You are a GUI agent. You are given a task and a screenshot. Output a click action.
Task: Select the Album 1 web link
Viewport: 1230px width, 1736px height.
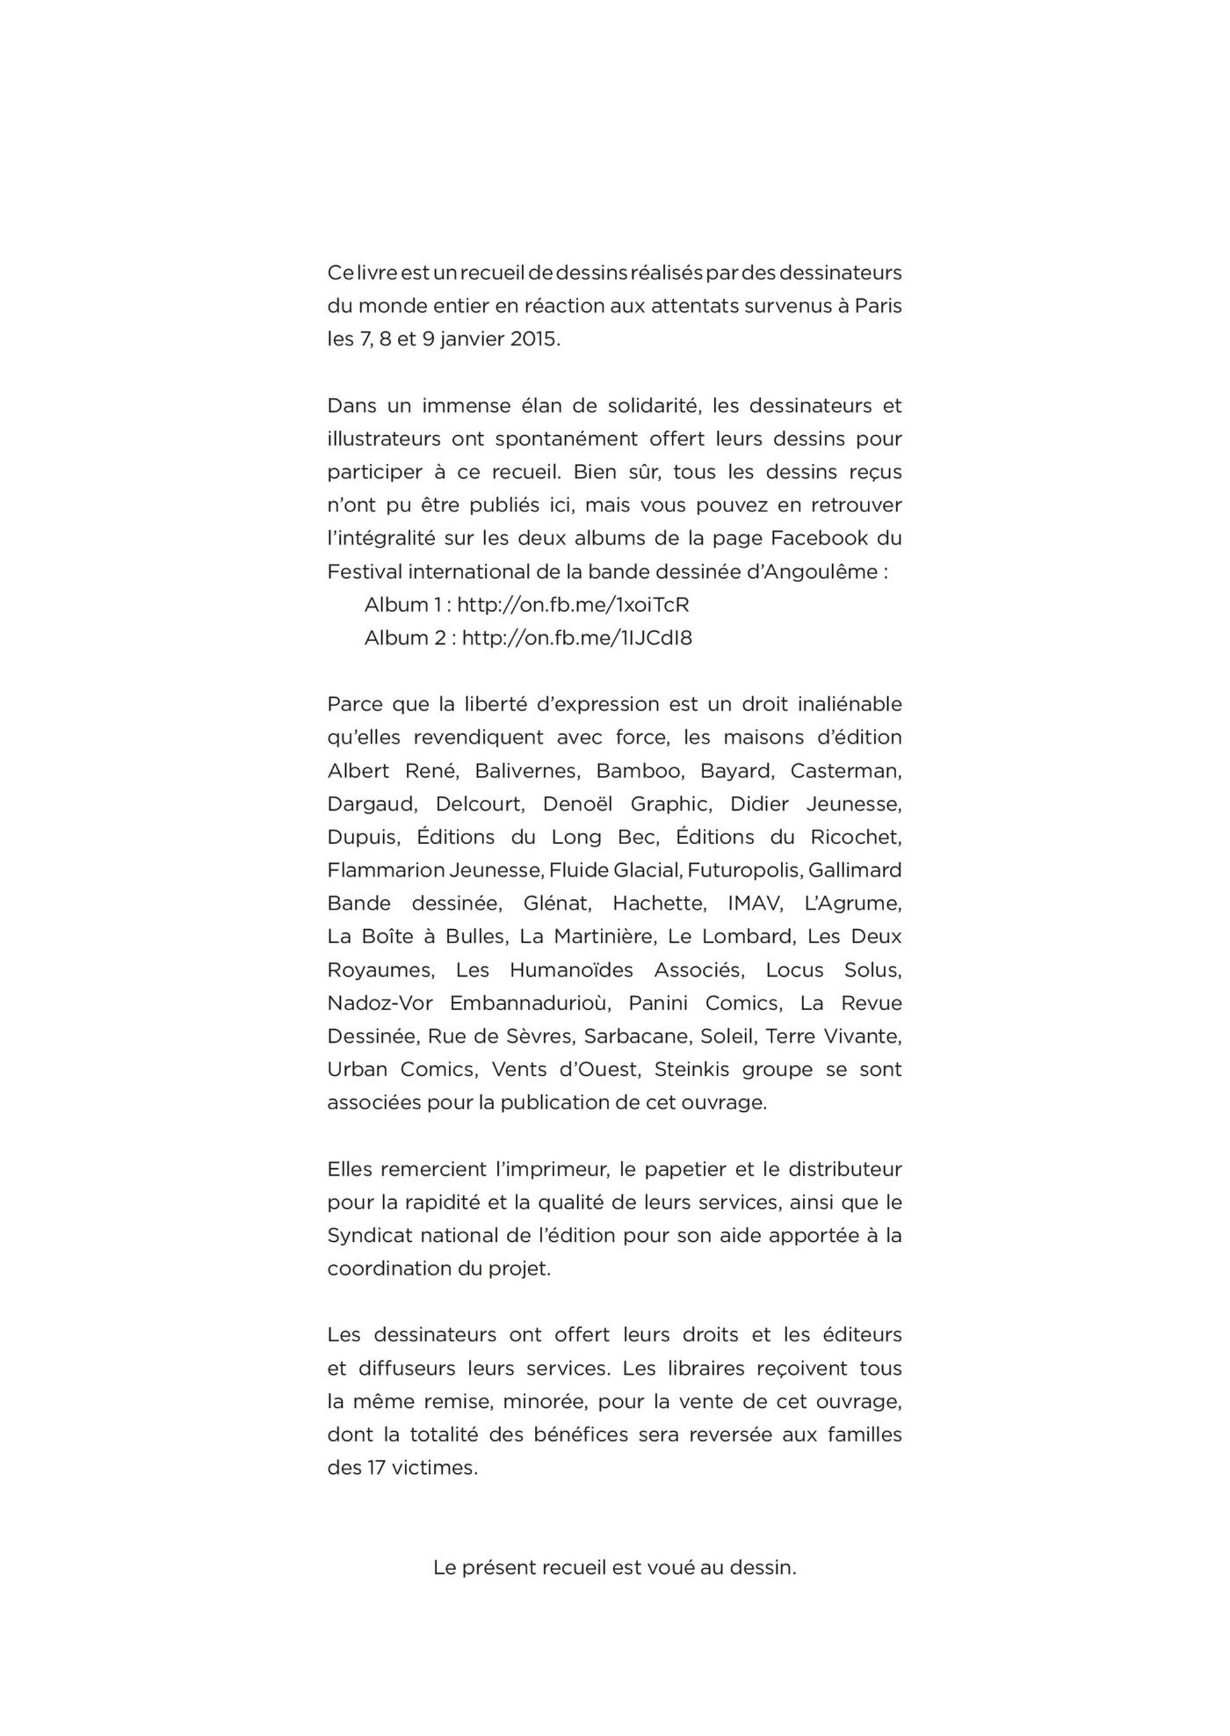pos(573,604)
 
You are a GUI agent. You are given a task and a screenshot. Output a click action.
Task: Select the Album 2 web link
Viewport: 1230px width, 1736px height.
pos(577,638)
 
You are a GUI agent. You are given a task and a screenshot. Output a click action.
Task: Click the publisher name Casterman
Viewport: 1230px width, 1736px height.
pos(845,770)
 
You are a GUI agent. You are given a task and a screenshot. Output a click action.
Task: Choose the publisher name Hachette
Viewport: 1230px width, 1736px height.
pos(659,904)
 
